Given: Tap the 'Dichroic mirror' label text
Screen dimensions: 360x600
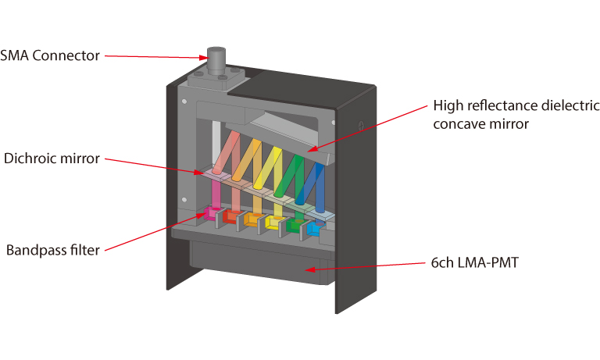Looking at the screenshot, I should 52,159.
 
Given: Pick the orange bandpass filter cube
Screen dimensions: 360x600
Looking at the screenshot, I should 252,220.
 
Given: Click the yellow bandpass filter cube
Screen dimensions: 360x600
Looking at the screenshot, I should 274,223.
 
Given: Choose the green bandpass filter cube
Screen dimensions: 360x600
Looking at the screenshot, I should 295,226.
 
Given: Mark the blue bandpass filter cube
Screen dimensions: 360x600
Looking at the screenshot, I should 315,229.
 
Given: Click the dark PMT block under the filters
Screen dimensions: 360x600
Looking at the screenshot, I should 258,262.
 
